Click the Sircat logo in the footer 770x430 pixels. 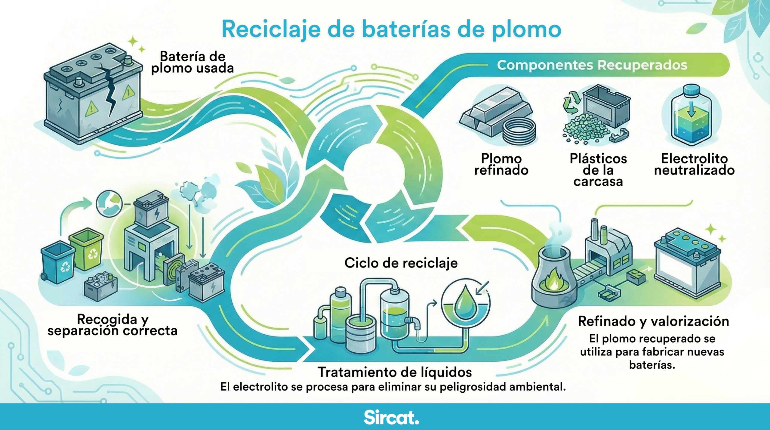[391, 417]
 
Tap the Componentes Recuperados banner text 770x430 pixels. [592, 65]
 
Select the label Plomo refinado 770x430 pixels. [501, 164]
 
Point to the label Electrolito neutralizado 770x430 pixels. [695, 164]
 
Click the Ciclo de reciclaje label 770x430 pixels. [401, 263]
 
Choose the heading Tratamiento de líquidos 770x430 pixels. [395, 372]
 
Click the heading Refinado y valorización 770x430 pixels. [653, 321]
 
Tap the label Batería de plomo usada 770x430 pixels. [192, 62]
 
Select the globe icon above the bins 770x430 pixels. [109, 204]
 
